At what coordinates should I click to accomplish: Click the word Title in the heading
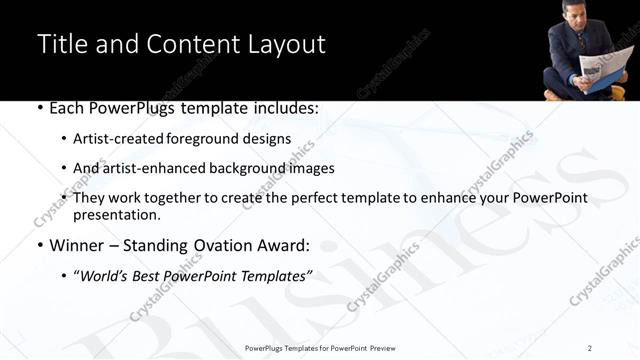pos(62,44)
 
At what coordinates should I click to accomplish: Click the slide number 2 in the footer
pos(590,348)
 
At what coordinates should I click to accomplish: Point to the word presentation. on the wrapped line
pos(116,215)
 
